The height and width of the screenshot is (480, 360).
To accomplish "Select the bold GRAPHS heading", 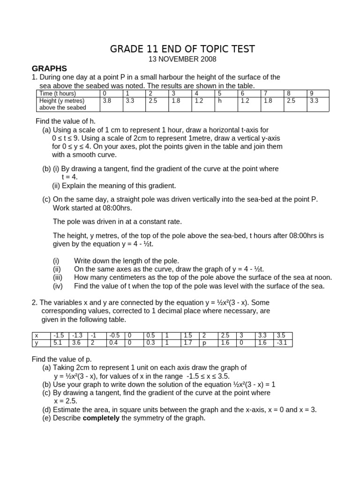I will tap(49, 68).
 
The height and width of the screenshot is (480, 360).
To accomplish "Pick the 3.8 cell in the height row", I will tap(107, 101).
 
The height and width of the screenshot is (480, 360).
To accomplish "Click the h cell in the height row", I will tap(219, 101).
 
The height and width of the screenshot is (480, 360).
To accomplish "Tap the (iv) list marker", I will tap(58, 286).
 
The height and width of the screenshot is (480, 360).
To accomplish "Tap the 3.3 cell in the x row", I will tap(263, 336).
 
